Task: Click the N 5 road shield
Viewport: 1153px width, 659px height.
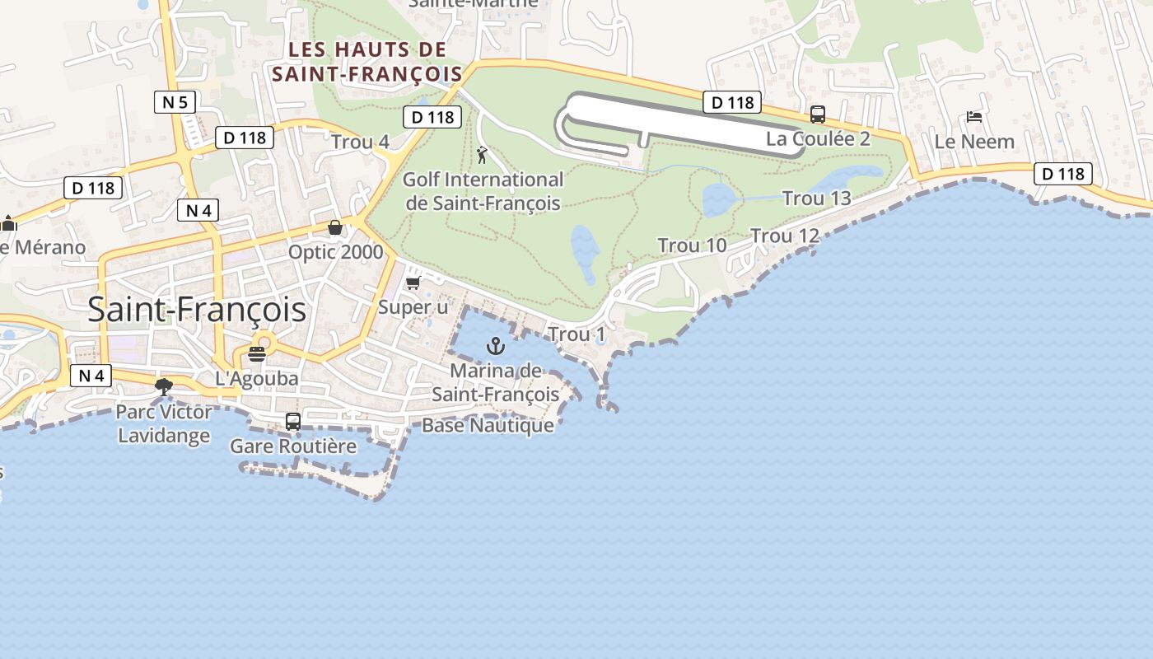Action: coord(175,103)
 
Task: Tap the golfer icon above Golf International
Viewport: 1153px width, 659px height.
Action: coord(482,155)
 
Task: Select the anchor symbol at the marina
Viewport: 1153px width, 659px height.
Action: coord(495,346)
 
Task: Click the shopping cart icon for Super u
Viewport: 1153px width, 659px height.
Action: coord(413,283)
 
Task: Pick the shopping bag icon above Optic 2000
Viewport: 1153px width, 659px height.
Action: coord(335,227)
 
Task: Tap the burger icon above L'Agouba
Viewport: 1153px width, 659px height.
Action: coord(257,354)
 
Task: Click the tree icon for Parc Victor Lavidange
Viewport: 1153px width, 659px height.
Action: coord(164,386)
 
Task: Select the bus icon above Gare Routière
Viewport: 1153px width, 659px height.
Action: coord(292,422)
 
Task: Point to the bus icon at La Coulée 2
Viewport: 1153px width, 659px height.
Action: coord(817,115)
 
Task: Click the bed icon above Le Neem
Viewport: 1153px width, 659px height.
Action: coord(974,117)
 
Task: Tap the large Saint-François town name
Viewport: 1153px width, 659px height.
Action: coord(197,310)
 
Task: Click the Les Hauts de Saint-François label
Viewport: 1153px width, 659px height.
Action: coord(367,63)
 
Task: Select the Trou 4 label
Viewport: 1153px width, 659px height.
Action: coord(360,142)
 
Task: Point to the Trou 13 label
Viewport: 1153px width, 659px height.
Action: coord(816,199)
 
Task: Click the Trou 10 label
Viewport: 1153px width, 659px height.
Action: coord(692,245)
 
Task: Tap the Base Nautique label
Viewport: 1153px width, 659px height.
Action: coord(488,426)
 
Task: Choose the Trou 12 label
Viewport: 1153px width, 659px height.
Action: coord(785,236)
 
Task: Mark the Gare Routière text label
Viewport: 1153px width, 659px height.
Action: coord(293,446)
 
